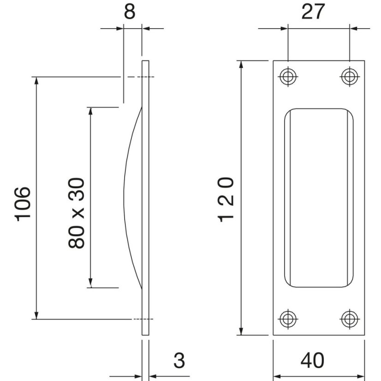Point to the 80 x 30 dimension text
77,213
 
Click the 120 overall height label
226,199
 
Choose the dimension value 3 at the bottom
179,361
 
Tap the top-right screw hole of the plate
350,77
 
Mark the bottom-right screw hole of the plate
350,318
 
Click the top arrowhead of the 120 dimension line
241,64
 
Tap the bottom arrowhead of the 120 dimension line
241,331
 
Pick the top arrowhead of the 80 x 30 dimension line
91,111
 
